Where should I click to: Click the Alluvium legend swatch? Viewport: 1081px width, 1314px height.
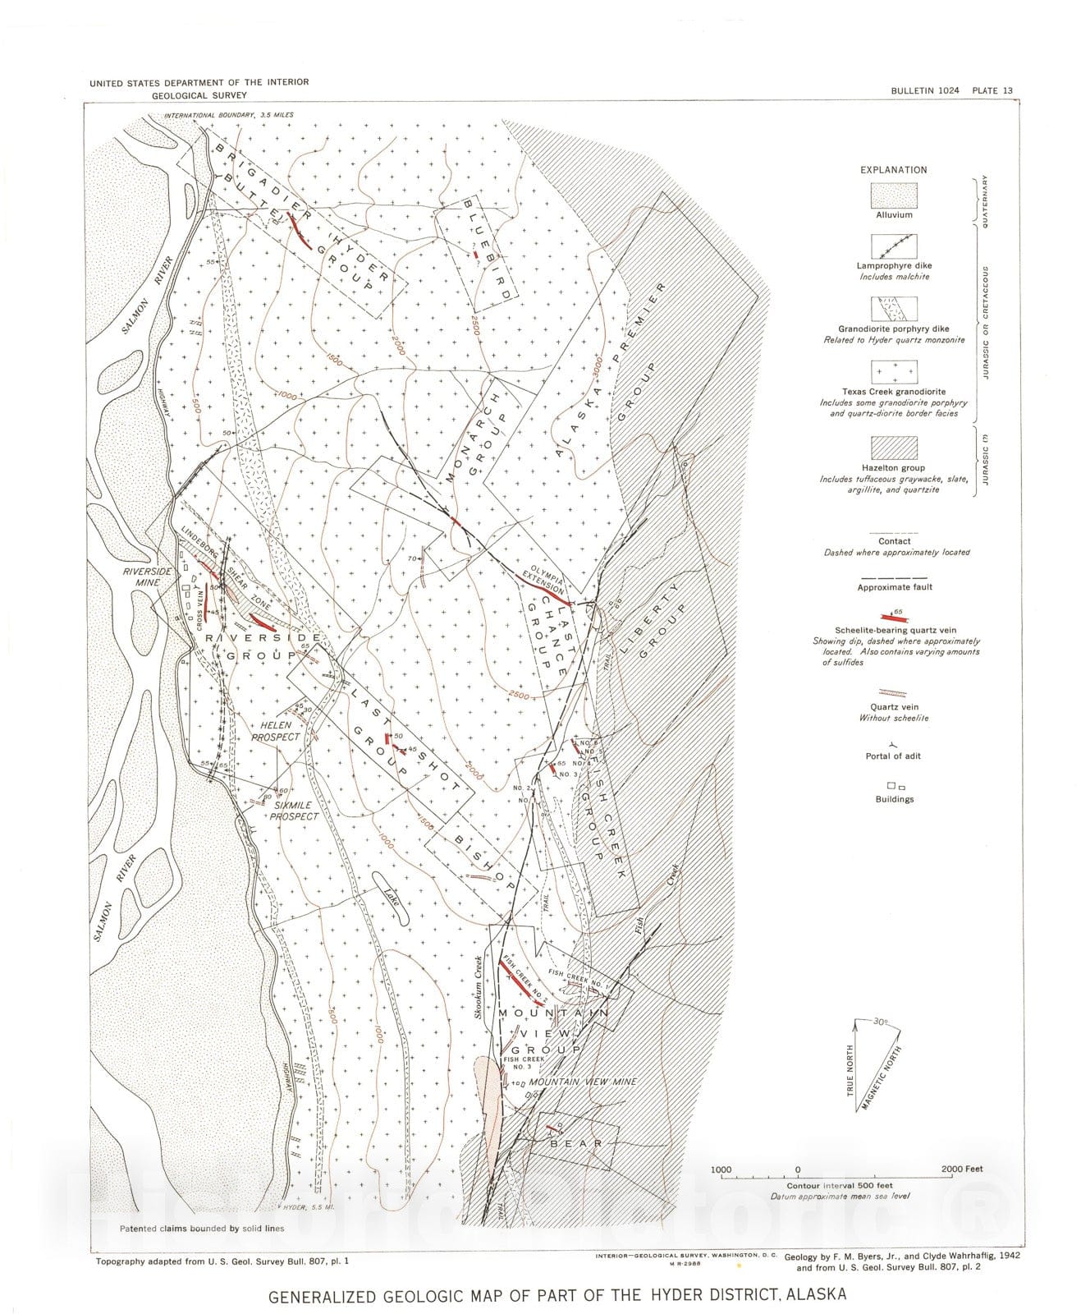(x=893, y=195)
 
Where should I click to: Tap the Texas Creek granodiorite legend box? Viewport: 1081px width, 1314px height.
(x=893, y=372)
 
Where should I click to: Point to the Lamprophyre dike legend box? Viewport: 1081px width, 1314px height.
(x=893, y=246)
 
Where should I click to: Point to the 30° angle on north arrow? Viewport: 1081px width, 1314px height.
(x=880, y=1023)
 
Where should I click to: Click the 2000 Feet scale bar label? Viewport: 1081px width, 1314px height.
(x=962, y=1169)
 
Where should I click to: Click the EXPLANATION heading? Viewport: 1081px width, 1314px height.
(x=893, y=170)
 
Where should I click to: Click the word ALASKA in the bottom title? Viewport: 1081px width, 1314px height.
(x=816, y=1295)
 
